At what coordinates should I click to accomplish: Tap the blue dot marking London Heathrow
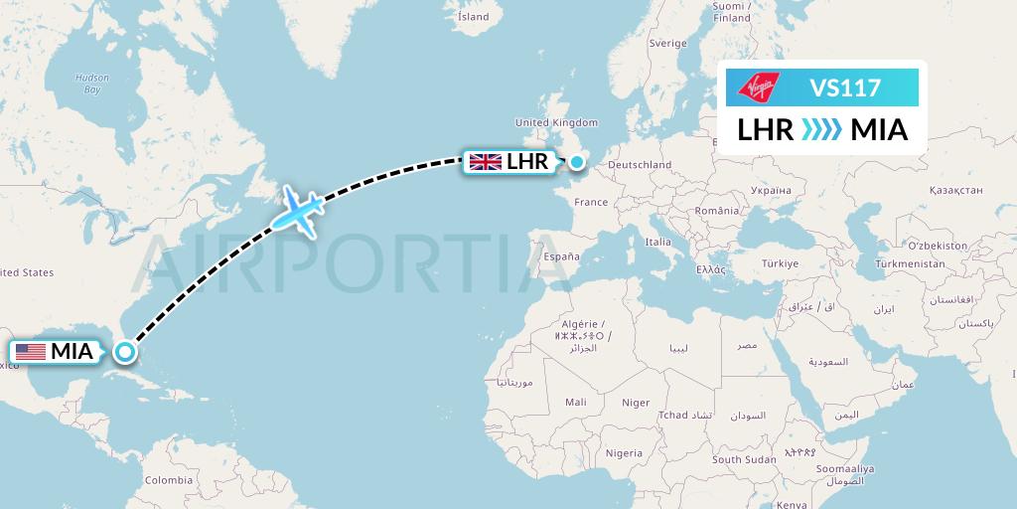(x=576, y=161)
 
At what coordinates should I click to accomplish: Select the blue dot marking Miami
(x=125, y=351)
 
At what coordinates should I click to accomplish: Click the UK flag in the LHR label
(x=485, y=161)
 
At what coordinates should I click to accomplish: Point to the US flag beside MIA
(x=31, y=351)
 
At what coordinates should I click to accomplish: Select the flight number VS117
(x=845, y=87)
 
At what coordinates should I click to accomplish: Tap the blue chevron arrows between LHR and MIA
(x=821, y=129)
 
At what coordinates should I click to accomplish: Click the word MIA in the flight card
(x=879, y=129)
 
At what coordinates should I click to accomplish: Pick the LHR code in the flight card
(x=765, y=129)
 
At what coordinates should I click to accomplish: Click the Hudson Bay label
(x=91, y=84)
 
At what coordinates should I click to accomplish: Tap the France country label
(x=591, y=202)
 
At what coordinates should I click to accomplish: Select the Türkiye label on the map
(x=780, y=263)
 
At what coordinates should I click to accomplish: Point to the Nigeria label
(x=624, y=453)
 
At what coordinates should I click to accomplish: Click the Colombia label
(x=168, y=479)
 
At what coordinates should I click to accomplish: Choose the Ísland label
(x=473, y=17)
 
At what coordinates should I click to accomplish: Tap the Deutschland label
(x=640, y=165)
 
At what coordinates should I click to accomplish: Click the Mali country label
(x=575, y=403)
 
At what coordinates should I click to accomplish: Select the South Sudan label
(x=743, y=459)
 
